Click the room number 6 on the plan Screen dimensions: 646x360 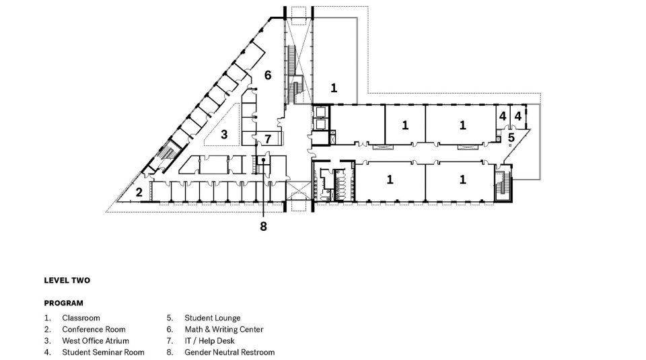coord(268,75)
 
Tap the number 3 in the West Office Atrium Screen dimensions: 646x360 coord(224,135)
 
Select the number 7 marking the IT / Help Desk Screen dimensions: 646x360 coord(268,139)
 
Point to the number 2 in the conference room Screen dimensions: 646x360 coord(139,192)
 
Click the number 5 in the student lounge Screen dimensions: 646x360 coord(511,137)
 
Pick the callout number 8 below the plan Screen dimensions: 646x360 coord(263,226)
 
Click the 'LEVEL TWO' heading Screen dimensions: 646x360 coord(67,281)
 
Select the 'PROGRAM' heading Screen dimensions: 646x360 coord(64,303)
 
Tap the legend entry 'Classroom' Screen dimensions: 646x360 coord(81,318)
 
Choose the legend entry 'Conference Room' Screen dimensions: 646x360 coord(94,330)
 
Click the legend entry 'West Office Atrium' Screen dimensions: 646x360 coord(96,341)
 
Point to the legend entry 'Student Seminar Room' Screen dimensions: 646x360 coord(104,353)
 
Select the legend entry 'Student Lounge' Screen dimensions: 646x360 coord(213,318)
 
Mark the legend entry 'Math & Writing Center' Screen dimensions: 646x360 coord(224,330)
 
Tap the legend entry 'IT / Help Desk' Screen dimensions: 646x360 coord(210,341)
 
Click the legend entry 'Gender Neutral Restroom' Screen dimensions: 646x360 coord(229,353)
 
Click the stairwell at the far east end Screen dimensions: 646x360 coord(503,183)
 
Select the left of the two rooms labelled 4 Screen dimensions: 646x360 coord(503,117)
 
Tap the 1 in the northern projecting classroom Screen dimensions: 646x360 coord(334,87)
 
